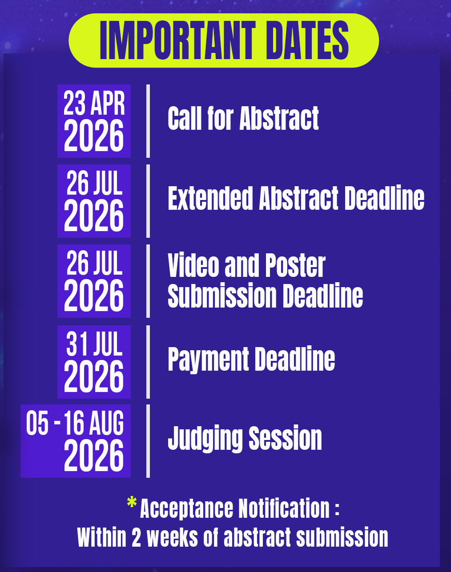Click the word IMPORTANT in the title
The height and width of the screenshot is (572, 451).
click(177, 40)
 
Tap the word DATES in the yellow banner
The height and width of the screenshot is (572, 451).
click(307, 40)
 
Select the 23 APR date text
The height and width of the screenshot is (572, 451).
click(94, 103)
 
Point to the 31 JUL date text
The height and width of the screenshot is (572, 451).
click(94, 344)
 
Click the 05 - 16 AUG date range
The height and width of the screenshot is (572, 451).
click(75, 423)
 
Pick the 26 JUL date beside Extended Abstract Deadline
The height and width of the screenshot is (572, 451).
click(94, 183)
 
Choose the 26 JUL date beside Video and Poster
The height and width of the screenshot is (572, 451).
click(94, 263)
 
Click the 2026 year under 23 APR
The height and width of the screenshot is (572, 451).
click(94, 136)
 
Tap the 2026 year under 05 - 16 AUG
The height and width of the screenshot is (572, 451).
click(94, 456)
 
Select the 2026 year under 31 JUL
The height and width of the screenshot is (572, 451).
click(94, 376)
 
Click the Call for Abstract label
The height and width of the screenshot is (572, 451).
click(243, 118)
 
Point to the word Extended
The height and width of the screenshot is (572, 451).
click(210, 198)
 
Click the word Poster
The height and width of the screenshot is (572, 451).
click(295, 265)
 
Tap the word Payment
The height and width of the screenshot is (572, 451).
click(208, 360)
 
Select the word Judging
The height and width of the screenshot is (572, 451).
click(205, 439)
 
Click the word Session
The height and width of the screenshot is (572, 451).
click(285, 439)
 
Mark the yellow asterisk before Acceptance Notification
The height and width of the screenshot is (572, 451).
click(132, 502)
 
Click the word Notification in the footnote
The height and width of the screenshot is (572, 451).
click(284, 509)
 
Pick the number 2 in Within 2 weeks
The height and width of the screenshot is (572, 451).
click(136, 537)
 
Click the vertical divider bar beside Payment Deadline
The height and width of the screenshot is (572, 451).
click(148, 362)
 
